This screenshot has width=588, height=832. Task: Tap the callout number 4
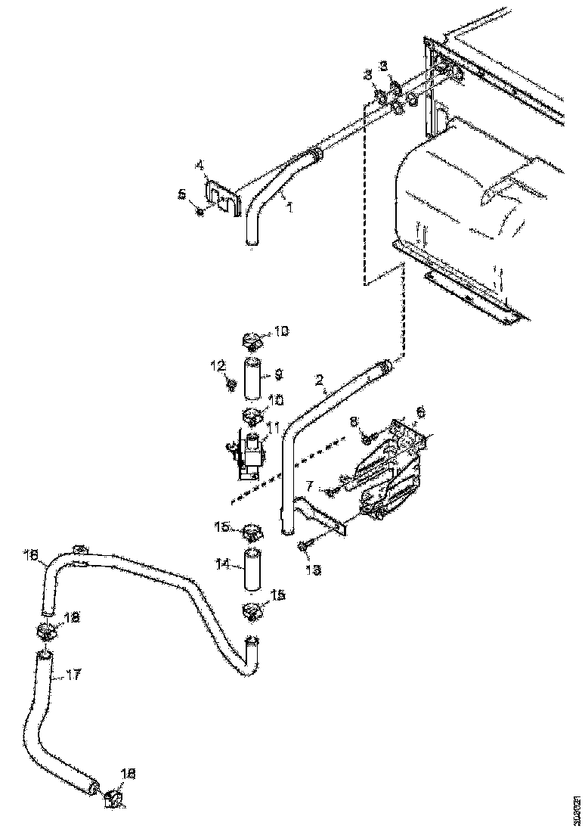[200, 164]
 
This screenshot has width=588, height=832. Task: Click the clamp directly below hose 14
[251, 611]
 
